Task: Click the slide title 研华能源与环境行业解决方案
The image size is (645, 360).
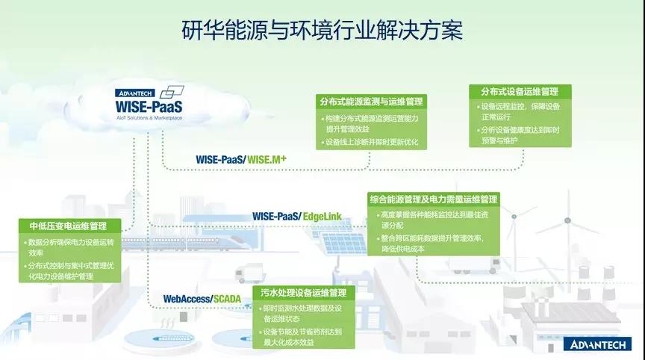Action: [x=322, y=30]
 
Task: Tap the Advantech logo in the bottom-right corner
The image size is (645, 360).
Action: [x=597, y=344]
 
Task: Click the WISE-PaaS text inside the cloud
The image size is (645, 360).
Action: [x=149, y=107]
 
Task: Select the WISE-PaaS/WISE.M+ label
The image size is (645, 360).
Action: [x=241, y=159]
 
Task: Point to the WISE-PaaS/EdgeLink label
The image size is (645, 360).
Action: [x=297, y=216]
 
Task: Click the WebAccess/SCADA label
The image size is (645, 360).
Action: [x=202, y=299]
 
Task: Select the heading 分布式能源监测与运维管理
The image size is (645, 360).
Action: [x=372, y=102]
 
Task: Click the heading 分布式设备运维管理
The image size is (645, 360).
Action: [x=520, y=91]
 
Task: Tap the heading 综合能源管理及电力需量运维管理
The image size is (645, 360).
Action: [x=434, y=199]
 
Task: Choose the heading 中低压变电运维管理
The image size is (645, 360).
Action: [x=68, y=226]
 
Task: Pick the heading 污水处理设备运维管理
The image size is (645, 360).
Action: [x=304, y=293]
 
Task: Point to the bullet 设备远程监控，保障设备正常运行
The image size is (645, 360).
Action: [x=519, y=111]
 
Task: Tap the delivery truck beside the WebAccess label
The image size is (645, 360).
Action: [x=249, y=273]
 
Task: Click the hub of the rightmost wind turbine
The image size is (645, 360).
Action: [x=567, y=221]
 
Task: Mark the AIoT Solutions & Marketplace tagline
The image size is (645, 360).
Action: [x=149, y=118]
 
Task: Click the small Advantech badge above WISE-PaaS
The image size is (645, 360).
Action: [x=135, y=93]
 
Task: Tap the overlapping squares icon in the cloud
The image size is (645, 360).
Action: [x=172, y=92]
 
